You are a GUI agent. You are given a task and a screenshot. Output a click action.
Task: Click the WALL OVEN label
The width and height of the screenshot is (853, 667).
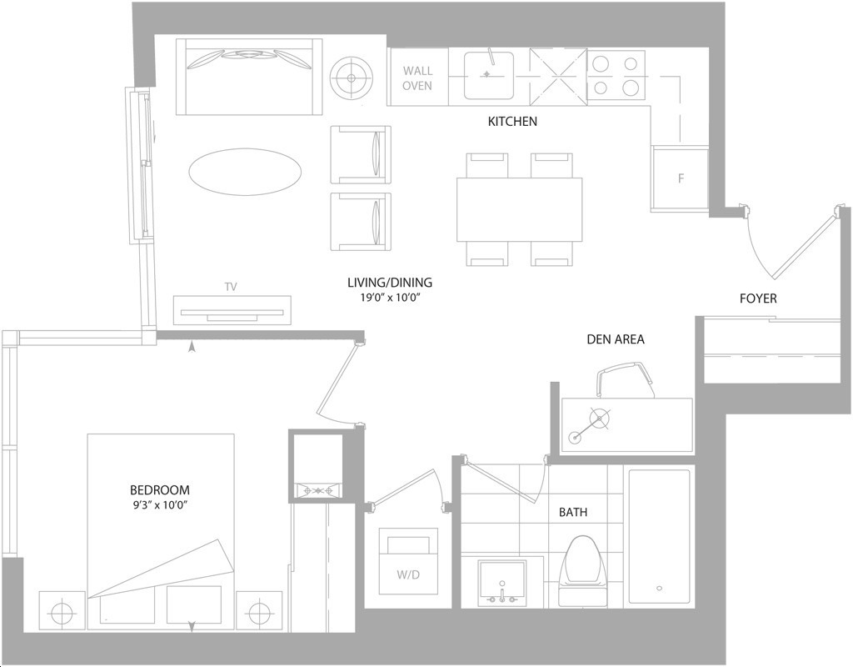coord(417,78)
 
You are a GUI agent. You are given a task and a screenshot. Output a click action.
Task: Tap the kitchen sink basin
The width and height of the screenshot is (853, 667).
coord(488,75)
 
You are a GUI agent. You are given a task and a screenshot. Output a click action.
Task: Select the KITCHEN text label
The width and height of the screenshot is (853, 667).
coord(512,121)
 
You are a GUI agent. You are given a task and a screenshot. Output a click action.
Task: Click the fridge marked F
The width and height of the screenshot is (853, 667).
coord(680,178)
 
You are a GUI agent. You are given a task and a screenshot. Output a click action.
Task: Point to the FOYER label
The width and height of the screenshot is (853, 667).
coord(758,298)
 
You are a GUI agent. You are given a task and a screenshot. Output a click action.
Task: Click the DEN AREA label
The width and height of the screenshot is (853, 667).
coord(616,339)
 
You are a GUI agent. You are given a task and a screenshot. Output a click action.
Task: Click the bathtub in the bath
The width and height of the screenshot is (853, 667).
coord(660,536)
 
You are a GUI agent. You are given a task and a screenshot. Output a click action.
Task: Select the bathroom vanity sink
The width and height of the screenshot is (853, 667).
coord(502,582)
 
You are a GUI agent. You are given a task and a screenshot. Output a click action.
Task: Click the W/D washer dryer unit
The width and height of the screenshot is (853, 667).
coord(408,561)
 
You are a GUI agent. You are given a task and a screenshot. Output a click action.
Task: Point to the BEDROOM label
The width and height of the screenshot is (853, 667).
coord(159,489)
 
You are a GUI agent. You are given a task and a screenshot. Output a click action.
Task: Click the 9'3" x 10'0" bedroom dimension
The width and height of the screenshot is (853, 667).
coord(159,504)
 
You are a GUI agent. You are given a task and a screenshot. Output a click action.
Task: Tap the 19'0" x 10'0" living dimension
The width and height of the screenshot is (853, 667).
coord(390,298)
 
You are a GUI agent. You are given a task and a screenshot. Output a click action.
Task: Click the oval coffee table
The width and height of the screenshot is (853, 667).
coord(245,172)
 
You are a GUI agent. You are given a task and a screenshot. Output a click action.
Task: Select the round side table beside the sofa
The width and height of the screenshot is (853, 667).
coord(352,78)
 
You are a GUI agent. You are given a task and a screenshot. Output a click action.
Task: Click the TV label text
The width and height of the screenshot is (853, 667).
coord(231,287)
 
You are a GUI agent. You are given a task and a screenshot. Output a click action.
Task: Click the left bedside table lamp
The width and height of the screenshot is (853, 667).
coord(62,610)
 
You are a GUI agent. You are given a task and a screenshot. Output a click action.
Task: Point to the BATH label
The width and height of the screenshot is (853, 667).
coord(573,512)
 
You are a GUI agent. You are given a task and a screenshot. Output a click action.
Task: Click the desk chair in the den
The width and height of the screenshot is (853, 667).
coord(625,379)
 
